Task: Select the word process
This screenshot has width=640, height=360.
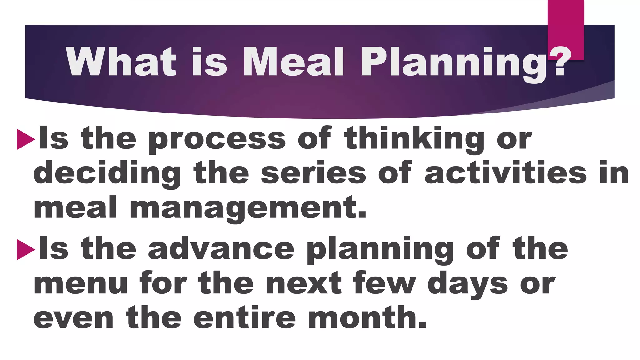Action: click(217, 139)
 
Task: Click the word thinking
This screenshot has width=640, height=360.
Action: click(414, 139)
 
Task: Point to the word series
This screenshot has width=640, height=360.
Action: click(313, 173)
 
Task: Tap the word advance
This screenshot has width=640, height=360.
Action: click(221, 249)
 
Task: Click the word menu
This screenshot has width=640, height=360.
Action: click(81, 284)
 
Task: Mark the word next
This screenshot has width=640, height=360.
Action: click(304, 284)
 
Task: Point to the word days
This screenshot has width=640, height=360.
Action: click(467, 285)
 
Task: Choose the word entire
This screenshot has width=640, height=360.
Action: click(244, 318)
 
